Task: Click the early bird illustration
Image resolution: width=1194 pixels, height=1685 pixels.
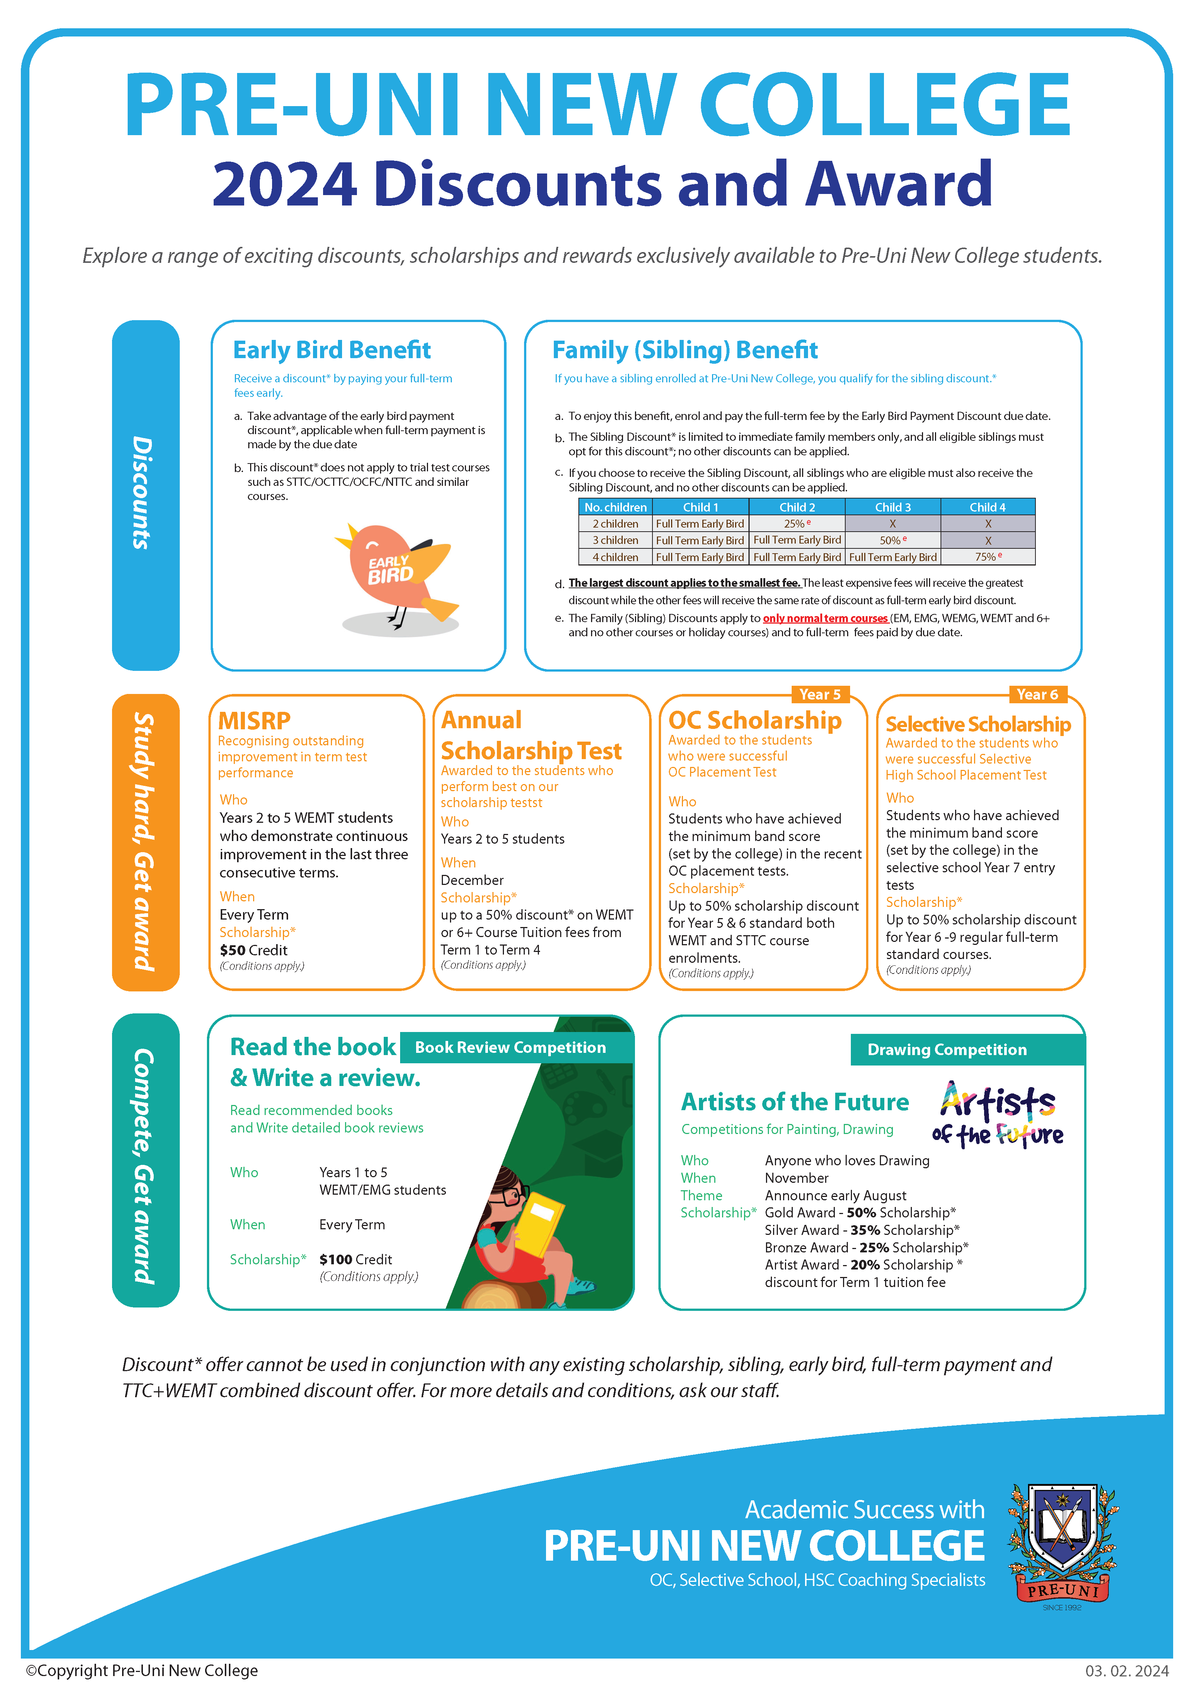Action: [x=397, y=577]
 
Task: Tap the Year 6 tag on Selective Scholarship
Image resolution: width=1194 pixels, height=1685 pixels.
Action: [x=1037, y=694]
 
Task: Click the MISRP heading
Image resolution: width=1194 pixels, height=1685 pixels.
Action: [x=254, y=720]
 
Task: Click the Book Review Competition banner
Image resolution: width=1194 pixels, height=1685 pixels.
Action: [x=510, y=1047]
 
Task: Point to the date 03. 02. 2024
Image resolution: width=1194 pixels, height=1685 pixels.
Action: [x=1126, y=1670]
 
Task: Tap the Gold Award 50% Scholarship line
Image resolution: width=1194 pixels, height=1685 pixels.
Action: [x=859, y=1212]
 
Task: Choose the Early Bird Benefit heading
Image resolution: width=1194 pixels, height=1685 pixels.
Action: [x=332, y=350]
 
